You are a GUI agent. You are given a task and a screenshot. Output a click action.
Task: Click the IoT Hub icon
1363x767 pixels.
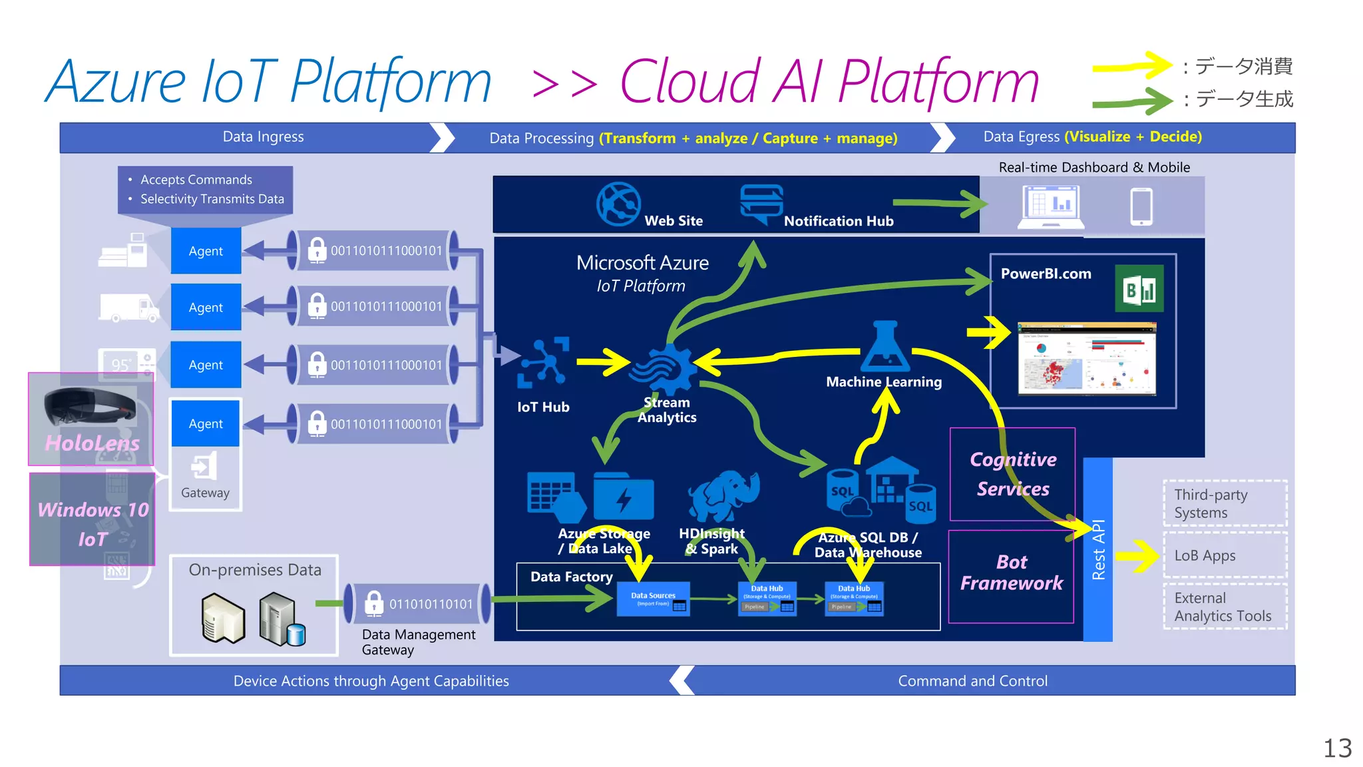(x=544, y=362)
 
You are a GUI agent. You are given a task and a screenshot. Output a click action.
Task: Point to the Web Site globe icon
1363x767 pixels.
(x=618, y=204)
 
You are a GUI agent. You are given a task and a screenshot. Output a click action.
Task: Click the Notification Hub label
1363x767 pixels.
(x=838, y=221)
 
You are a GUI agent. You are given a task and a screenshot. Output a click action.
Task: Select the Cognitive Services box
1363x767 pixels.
(x=1012, y=474)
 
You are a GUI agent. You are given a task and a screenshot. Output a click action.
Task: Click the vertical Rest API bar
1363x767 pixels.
(x=1097, y=549)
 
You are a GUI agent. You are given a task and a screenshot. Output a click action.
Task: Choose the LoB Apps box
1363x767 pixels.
(x=1225, y=555)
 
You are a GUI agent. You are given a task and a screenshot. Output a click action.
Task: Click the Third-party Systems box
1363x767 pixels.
(x=1225, y=503)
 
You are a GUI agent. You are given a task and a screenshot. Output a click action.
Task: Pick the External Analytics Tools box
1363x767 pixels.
(x=1225, y=607)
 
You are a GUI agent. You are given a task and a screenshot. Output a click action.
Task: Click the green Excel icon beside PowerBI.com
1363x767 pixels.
(x=1139, y=289)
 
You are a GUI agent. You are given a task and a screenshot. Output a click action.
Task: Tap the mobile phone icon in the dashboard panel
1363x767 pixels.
(x=1141, y=206)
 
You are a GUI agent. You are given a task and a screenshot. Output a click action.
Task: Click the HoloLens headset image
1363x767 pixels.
(x=90, y=405)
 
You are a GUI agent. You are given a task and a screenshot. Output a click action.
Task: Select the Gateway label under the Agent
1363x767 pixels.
(x=205, y=493)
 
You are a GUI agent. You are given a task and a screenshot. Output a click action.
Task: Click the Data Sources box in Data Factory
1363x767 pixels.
(x=653, y=599)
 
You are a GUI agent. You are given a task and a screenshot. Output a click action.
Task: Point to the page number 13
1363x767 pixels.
(x=1337, y=748)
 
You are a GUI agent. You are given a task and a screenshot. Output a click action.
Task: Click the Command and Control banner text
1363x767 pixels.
(x=972, y=681)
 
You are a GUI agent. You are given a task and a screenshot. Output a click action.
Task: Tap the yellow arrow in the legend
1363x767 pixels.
(x=1131, y=66)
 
